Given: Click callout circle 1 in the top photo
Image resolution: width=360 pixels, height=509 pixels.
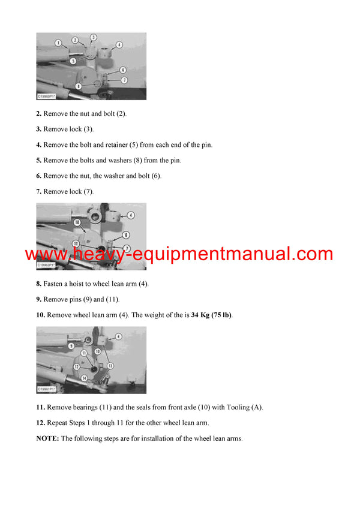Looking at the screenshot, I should pyautogui.click(x=58, y=43).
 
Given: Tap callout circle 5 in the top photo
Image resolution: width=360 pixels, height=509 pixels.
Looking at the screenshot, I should pyautogui.click(x=73, y=61).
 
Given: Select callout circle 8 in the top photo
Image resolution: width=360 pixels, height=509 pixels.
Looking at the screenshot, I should pyautogui.click(x=79, y=86).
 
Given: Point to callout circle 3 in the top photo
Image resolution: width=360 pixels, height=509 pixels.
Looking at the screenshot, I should pyautogui.click(x=94, y=37).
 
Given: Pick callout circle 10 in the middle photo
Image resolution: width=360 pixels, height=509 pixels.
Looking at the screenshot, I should pyautogui.click(x=77, y=222).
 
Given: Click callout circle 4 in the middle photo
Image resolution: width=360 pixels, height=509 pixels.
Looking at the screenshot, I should pyautogui.click(x=131, y=215).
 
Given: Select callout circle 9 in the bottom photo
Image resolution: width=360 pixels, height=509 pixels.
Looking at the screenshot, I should pyautogui.click(x=54, y=345).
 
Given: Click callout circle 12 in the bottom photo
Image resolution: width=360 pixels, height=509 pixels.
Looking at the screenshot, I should pyautogui.click(x=77, y=366).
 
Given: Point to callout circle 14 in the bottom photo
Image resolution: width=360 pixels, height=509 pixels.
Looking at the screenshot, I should pyautogui.click(x=84, y=378).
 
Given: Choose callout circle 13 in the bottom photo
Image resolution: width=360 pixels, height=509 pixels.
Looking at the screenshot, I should pyautogui.click(x=110, y=365).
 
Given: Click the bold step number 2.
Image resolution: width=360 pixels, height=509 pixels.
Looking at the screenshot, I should pyautogui.click(x=38, y=113).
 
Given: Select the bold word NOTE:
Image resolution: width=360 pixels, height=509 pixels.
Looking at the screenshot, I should pyautogui.click(x=47, y=438).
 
